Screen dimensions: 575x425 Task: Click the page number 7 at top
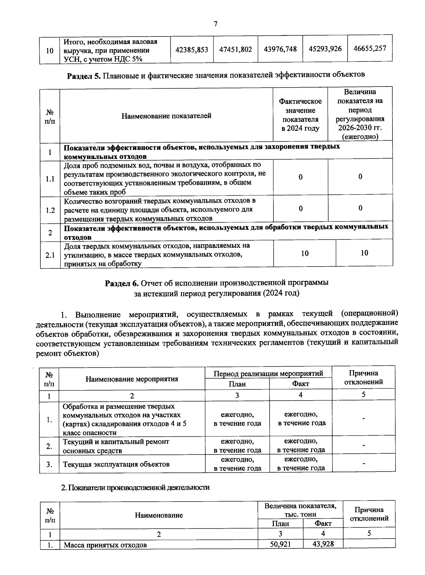(215, 24)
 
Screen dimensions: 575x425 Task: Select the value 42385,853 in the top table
(192, 50)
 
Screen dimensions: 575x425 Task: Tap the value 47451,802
(236, 50)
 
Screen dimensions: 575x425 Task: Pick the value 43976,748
(280, 49)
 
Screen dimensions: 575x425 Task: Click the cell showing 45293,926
(325, 49)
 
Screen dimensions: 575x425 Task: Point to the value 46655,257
(370, 48)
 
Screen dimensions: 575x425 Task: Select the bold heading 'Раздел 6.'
(122, 283)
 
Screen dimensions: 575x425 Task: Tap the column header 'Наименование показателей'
(166, 116)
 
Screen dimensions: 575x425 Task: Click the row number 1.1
(50, 179)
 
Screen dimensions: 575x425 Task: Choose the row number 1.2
(50, 210)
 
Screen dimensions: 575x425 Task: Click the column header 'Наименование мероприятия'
(132, 379)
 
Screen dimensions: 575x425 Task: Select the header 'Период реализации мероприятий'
(268, 374)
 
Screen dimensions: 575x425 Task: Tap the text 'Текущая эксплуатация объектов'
(116, 464)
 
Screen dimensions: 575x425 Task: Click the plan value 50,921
(280, 544)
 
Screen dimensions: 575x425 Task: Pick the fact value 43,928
(323, 544)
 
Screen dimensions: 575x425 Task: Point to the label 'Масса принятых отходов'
(105, 545)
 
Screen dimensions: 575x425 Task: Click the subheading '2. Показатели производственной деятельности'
(136, 488)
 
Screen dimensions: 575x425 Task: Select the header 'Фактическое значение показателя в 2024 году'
(300, 115)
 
